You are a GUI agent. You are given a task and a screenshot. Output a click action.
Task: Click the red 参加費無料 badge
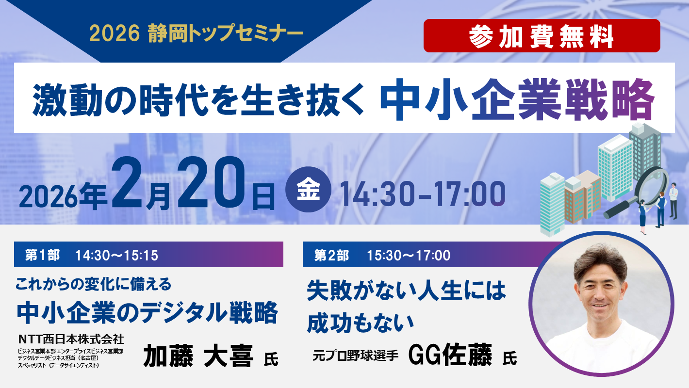pos(541,35)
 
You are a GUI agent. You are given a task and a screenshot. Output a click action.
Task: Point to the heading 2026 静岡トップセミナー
pos(196,33)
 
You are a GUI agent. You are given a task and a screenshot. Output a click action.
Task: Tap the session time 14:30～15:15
pos(117,255)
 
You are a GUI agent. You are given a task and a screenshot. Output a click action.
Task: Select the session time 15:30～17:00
pos(409,255)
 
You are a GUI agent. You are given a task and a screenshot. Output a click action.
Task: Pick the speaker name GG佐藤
pos(450,355)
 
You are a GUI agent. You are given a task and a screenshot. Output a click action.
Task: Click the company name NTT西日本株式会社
pos(71,338)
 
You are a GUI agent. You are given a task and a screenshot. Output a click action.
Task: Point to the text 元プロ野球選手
pos(355,356)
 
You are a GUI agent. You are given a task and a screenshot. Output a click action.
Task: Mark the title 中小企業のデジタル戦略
pos(147,312)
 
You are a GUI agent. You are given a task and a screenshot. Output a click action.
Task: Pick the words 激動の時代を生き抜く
pos(198,99)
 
